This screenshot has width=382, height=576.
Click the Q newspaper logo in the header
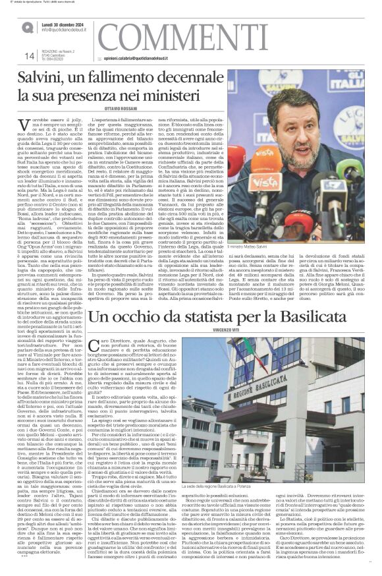pos(27,26)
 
